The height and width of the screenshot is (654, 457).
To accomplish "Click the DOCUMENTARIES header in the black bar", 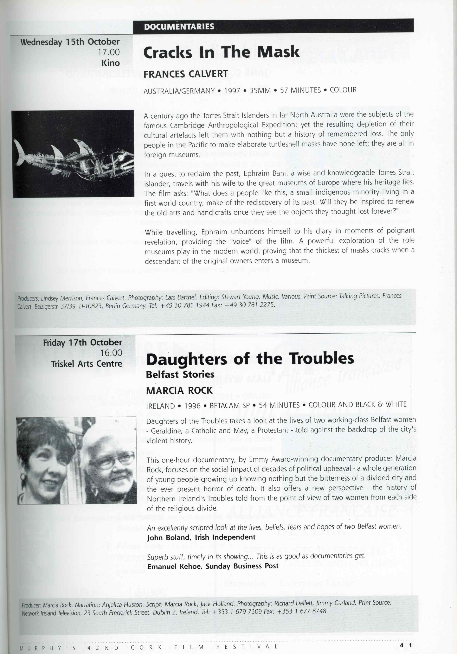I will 179,27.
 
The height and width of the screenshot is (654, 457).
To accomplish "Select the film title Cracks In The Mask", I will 221,52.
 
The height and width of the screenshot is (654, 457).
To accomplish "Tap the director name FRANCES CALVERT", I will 185,74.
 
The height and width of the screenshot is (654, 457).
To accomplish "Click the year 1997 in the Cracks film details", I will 232,91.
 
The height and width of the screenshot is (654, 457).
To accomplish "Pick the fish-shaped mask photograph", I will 73,154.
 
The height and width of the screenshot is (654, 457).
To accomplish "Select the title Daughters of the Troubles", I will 250,359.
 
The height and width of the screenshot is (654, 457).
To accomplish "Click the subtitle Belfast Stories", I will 180,374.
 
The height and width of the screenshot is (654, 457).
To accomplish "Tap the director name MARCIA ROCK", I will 179,390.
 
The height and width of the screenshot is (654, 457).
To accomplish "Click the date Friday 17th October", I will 82,342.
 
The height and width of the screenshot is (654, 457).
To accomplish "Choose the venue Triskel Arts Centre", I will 87,364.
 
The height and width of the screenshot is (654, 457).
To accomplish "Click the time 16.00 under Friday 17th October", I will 111,353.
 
